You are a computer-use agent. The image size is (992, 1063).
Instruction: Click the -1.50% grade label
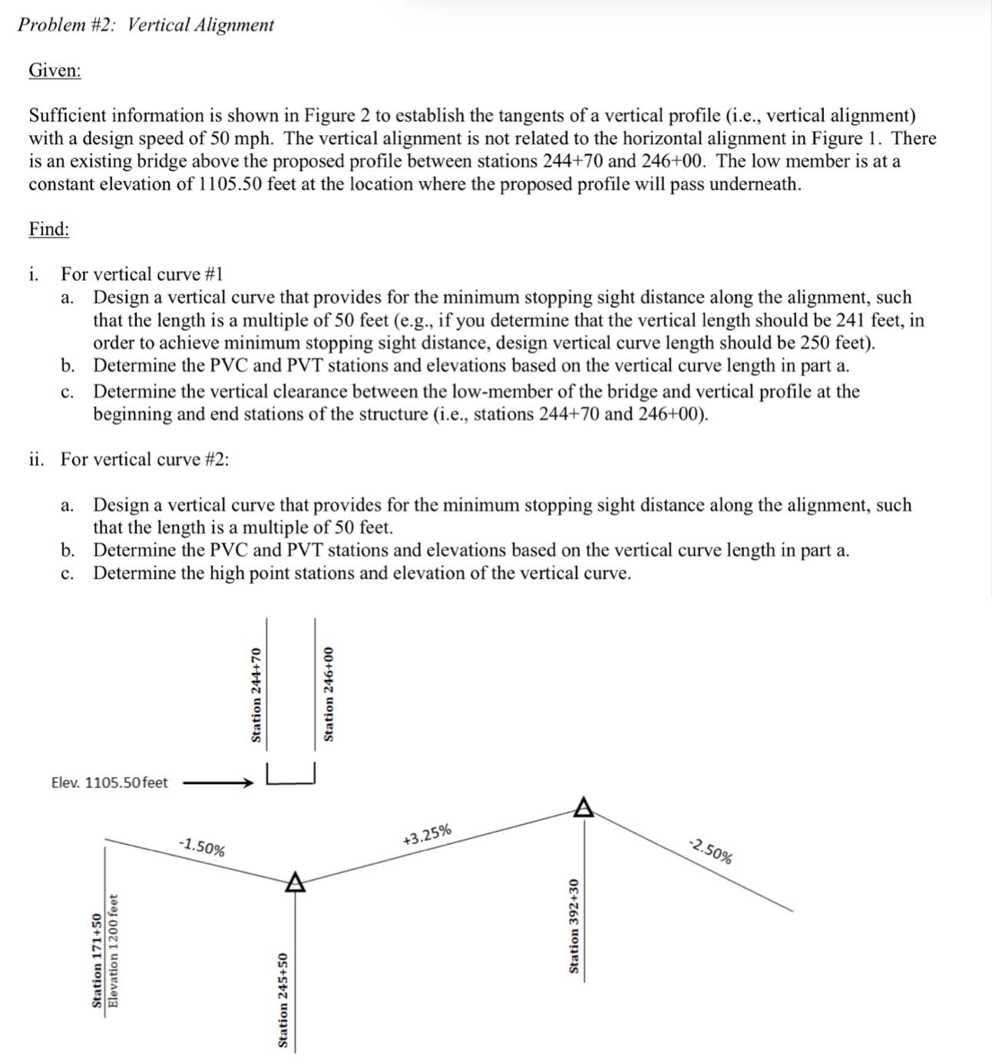202,847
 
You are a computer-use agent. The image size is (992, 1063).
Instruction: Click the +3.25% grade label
427,836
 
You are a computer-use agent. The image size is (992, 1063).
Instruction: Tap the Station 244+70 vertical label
257,695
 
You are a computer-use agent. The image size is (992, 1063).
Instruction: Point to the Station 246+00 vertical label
329,695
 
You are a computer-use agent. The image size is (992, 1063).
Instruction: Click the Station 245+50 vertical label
283,999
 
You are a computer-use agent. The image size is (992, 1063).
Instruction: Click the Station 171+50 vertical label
97,960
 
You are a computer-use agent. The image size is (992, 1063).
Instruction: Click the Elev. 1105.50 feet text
109,783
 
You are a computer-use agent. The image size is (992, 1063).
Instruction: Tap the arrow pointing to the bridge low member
217,783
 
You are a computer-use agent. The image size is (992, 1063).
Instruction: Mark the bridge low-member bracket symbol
290,775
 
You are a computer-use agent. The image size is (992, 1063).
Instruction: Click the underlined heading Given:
55,71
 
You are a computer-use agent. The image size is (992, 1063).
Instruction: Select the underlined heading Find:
49,230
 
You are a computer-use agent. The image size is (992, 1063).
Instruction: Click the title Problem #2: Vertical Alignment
146,25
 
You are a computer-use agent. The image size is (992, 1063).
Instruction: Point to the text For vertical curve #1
142,274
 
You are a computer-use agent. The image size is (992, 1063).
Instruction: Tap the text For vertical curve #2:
145,459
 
